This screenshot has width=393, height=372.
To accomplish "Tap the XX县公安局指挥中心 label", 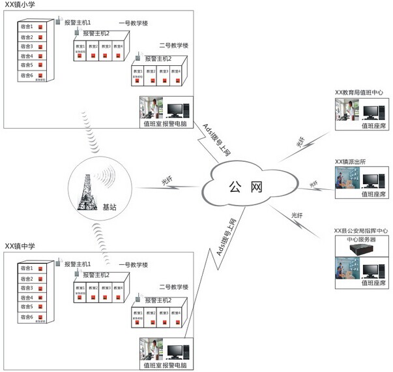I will [361, 230].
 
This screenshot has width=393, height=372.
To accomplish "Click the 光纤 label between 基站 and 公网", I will [168, 181].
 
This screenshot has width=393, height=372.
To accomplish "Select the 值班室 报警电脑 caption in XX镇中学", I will [165, 365].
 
